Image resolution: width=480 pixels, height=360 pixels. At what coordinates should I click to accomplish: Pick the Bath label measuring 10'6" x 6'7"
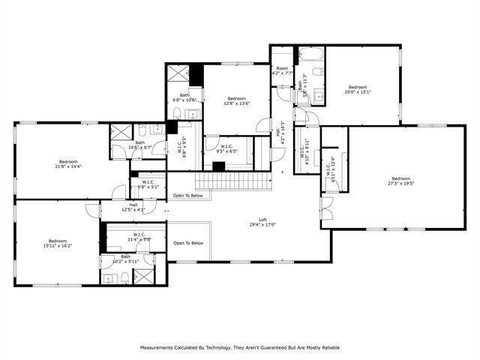coord(140,145)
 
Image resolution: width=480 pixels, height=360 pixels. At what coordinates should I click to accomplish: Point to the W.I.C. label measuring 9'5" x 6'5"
coord(226,148)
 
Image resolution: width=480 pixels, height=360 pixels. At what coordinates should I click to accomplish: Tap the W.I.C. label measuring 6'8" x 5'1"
coord(148,184)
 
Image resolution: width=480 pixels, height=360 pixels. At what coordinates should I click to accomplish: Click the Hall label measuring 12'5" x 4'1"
coord(133,207)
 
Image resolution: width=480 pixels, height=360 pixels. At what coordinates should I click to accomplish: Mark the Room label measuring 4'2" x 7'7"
coord(282,71)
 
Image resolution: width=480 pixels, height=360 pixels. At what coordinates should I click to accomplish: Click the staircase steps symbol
coord(232,181)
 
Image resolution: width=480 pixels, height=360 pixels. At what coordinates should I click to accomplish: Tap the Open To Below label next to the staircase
coord(187,196)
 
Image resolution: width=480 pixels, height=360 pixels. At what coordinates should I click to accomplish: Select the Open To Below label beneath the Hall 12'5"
coord(188,243)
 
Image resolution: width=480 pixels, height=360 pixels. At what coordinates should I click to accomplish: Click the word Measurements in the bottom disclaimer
coord(160,347)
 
